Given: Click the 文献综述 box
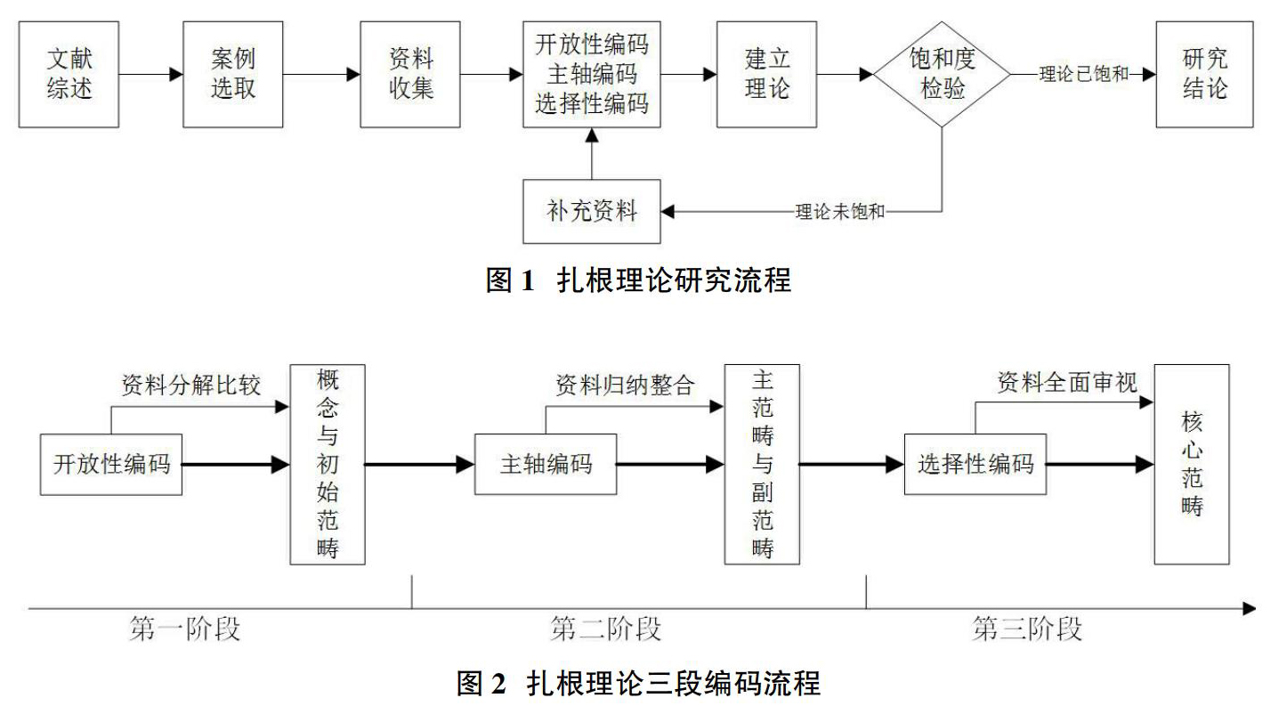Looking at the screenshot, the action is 69,74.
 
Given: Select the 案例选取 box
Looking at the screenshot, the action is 232,74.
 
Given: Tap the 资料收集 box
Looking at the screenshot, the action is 410,74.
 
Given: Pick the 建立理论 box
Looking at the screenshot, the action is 766,74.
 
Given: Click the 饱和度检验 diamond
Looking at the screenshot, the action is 942,74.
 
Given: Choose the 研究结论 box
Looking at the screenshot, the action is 1205,74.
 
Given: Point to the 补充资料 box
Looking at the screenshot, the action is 592,211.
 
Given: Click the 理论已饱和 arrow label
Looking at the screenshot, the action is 1084,74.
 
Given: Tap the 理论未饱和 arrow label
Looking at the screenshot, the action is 840,212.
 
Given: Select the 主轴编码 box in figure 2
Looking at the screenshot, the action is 546,464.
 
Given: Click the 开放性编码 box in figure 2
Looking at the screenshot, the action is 111,465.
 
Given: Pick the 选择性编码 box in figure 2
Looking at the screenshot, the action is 975,464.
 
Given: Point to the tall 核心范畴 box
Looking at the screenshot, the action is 1192,464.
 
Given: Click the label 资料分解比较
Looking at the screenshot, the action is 190,385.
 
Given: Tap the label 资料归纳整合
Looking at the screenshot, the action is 625,385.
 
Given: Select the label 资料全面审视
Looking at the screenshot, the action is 1067,382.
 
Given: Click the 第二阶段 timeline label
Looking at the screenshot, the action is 605,629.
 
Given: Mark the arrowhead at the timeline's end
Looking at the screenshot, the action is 1251,608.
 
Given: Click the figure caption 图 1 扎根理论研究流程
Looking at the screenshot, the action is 638,280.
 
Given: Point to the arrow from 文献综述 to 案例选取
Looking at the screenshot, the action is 151,74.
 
